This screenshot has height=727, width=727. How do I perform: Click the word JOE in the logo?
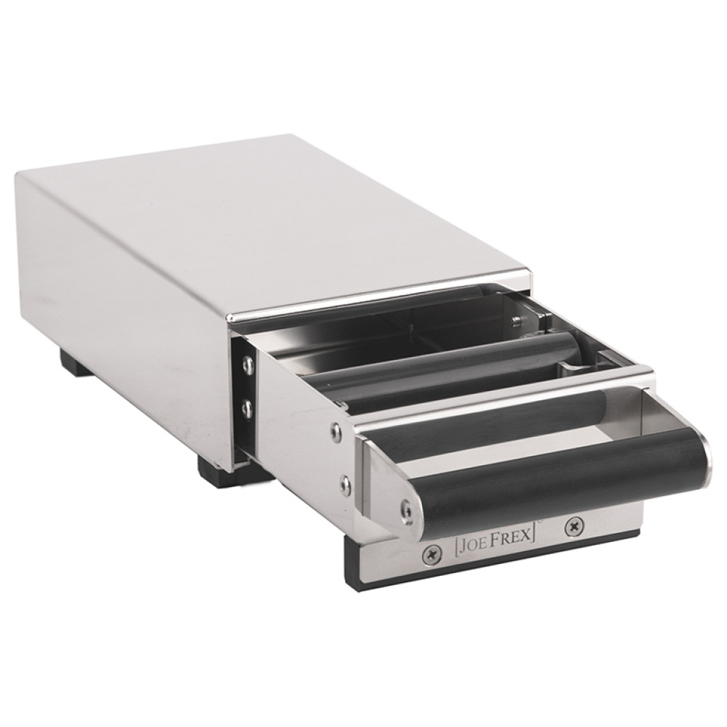(x=470, y=543)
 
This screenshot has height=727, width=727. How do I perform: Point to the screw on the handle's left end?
(x=407, y=511)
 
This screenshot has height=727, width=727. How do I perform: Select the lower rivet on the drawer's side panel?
(x=343, y=481)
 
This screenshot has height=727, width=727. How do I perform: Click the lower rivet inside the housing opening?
(x=248, y=407)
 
